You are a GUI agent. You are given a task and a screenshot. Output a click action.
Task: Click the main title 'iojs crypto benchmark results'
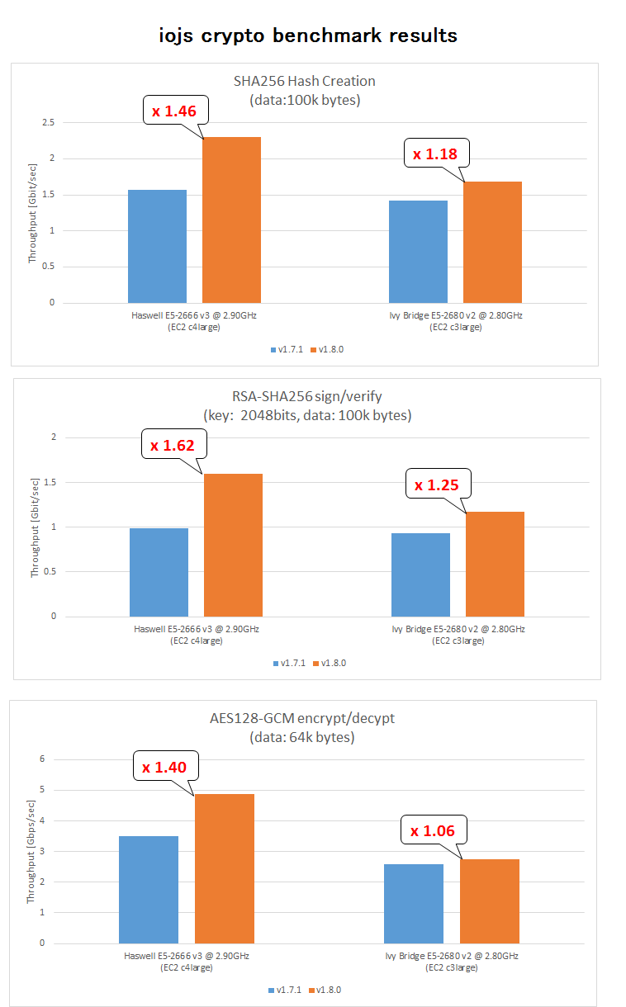click(x=308, y=35)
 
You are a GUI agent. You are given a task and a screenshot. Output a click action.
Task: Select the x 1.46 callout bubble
click(x=174, y=110)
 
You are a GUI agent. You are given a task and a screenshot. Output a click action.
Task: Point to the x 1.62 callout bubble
click(x=173, y=446)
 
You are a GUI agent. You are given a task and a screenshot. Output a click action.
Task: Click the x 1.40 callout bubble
click(x=164, y=767)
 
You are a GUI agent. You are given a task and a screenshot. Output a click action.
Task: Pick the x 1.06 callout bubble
click(x=433, y=830)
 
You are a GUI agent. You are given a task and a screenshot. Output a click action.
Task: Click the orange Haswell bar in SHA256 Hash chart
click(x=231, y=220)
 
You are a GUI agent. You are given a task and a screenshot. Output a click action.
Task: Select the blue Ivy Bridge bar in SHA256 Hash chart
click(x=418, y=251)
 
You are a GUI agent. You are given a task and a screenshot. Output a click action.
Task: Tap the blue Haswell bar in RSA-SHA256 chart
click(x=159, y=572)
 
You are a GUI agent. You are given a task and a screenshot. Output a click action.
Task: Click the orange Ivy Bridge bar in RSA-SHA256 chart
click(x=495, y=564)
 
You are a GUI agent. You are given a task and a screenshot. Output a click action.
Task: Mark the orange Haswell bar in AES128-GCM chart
click(x=224, y=868)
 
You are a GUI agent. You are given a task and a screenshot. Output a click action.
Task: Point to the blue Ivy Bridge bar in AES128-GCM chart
click(x=414, y=904)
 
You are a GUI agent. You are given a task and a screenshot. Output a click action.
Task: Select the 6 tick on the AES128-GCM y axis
click(x=50, y=759)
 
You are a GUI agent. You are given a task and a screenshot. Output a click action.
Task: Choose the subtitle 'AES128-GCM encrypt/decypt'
click(x=301, y=718)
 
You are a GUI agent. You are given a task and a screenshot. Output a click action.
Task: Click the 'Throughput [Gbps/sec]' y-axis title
click(x=31, y=851)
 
